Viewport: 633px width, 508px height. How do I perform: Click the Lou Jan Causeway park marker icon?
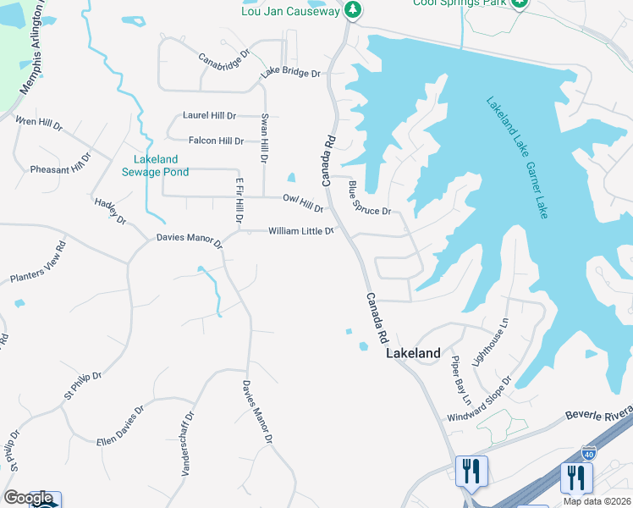354,10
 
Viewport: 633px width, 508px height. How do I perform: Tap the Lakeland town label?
413,353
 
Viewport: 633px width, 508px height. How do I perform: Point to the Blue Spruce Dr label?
370,199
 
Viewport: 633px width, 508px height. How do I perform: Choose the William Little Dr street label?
301,231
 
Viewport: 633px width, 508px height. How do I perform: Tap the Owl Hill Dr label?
303,203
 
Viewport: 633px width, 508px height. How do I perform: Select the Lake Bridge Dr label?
290,74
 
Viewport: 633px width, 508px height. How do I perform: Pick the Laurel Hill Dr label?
209,115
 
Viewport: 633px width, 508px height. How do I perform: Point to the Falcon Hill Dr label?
216,141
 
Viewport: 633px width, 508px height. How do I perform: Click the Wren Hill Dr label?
39,124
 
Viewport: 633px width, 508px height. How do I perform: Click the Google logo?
30,498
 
